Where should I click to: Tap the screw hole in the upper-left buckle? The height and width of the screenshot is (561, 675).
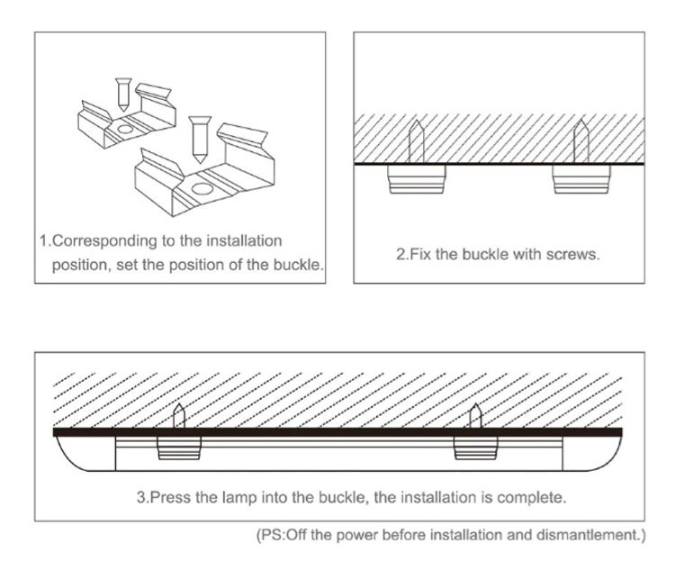click(124, 129)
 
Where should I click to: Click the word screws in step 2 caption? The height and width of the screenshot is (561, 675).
click(574, 254)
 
